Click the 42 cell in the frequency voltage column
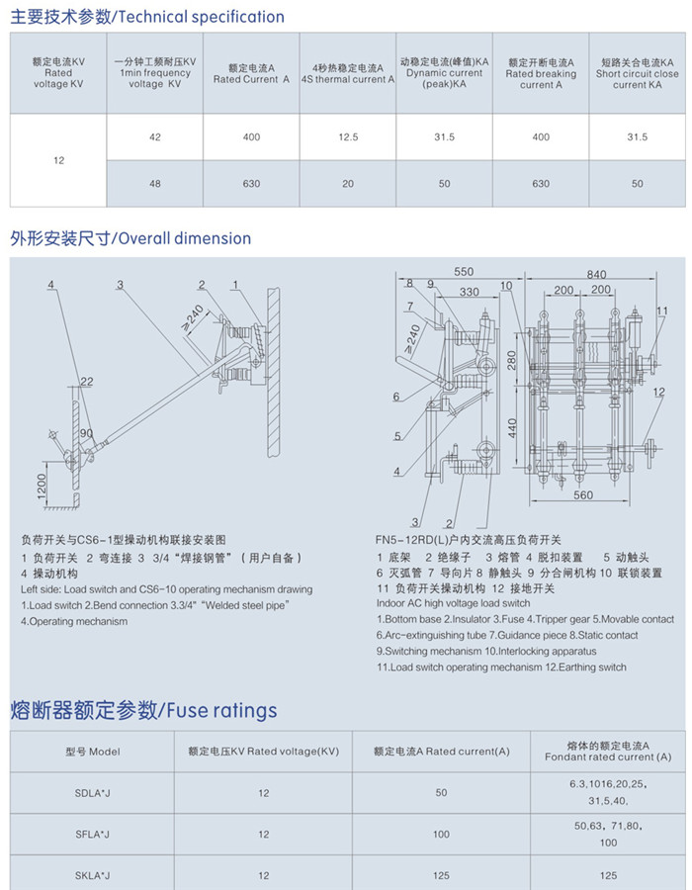coord(155,137)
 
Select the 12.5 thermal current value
coord(348,137)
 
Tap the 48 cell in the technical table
coord(155,184)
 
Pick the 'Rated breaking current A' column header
coord(541,74)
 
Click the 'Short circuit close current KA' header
coord(637,74)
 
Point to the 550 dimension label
coord(464,272)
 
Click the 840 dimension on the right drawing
coord(596,275)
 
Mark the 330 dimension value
coord(470,292)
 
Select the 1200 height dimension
coord(42,487)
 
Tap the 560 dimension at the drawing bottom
coord(583,495)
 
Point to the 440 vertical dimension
coord(512,427)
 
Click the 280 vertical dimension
coord(512,360)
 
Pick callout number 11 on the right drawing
coord(662,311)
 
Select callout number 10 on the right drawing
coord(506,286)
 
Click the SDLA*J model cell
coord(93,793)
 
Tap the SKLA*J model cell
coord(93,876)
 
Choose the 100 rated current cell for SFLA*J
coord(441,835)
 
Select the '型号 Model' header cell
coord(93,752)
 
